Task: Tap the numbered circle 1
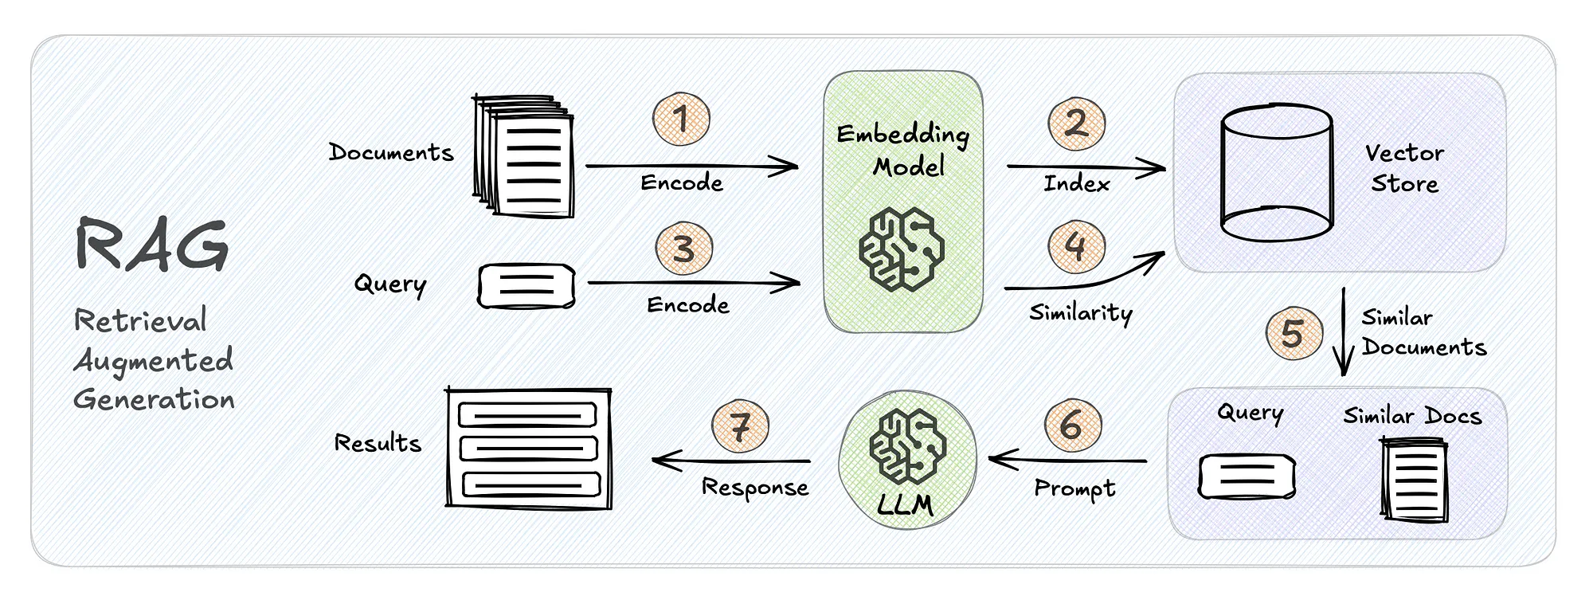tap(681, 120)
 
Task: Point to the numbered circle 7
tap(740, 426)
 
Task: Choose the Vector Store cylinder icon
tap(1277, 172)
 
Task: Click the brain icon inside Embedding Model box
tap(902, 248)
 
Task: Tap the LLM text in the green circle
tap(905, 504)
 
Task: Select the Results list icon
tap(529, 449)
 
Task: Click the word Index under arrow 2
tap(1076, 184)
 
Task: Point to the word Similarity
tap(1080, 312)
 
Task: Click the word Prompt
tap(1074, 488)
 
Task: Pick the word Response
tap(754, 488)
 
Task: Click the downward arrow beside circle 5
tap(1344, 331)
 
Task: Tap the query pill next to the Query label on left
tap(526, 287)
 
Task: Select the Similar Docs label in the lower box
tap(1412, 416)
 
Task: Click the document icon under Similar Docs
tap(1415, 480)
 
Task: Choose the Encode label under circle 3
tap(687, 305)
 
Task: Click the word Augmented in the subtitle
tap(154, 361)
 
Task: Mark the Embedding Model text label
tap(904, 151)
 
